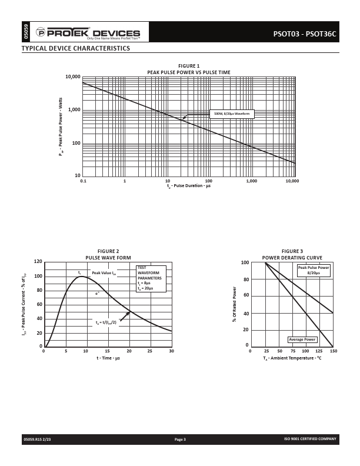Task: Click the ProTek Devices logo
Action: pyautogui.click(x=89, y=32)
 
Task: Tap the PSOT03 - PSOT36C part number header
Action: pyautogui.click(x=305, y=34)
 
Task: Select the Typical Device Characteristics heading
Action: pyautogui.click(x=76, y=48)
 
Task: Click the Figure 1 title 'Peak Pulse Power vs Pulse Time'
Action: pyautogui.click(x=189, y=72)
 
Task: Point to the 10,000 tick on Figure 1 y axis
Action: pyautogui.click(x=73, y=77)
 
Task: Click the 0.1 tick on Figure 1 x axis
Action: pyautogui.click(x=83, y=181)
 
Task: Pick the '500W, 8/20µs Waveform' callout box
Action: pyautogui.click(x=232, y=114)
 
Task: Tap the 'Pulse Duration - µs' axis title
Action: pyautogui.click(x=189, y=186)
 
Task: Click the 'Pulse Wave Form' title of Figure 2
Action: pyautogui.click(x=108, y=258)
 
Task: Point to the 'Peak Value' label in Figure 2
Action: pyautogui.click(x=104, y=273)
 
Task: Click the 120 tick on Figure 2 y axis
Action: pyautogui.click(x=38, y=261)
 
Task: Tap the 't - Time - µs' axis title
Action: pyautogui.click(x=108, y=358)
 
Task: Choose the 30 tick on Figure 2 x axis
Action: pyautogui.click(x=171, y=351)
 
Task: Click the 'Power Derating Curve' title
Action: pyautogui.click(x=292, y=258)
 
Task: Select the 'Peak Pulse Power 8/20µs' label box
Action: pyautogui.click(x=313, y=270)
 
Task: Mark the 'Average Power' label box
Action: pyautogui.click(x=302, y=339)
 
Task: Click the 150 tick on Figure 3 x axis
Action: pyautogui.click(x=334, y=351)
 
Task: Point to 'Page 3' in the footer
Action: pyautogui.click(x=180, y=439)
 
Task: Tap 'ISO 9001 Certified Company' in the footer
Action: pyautogui.click(x=310, y=439)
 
